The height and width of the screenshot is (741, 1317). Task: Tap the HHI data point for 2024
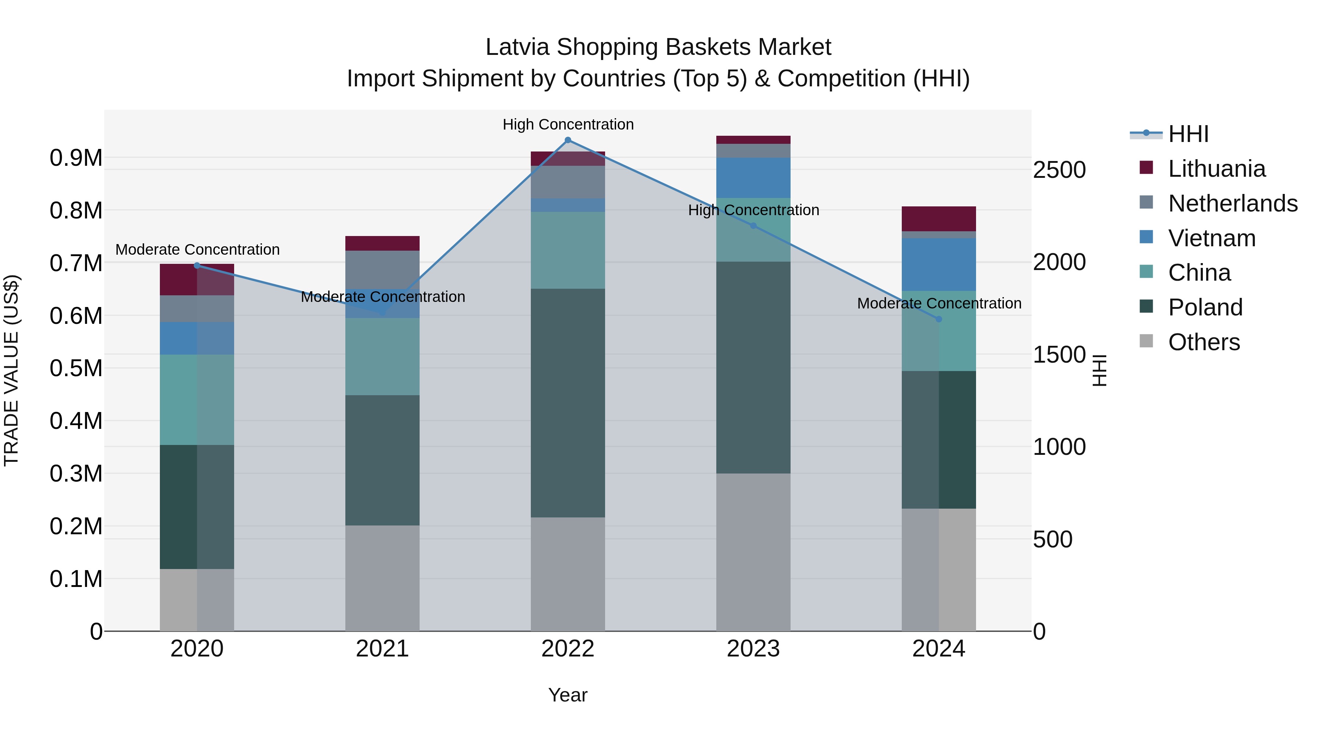click(939, 319)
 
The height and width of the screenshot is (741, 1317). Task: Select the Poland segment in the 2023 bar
click(753, 367)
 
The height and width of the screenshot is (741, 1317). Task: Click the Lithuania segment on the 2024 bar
click(939, 219)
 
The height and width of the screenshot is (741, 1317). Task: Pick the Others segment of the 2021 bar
click(382, 578)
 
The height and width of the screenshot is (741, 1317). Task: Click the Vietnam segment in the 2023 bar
click(753, 177)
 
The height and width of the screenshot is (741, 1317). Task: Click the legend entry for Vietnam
click(1212, 238)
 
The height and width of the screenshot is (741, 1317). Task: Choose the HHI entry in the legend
click(1188, 134)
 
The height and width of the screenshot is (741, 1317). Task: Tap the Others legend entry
click(1204, 342)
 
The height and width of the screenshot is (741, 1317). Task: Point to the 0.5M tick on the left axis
click(76, 368)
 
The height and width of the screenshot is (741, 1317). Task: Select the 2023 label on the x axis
click(753, 649)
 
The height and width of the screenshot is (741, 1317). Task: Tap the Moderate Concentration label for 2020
click(197, 250)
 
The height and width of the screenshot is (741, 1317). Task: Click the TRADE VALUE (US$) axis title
click(11, 370)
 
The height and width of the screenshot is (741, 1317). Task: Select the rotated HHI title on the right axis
click(1099, 370)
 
